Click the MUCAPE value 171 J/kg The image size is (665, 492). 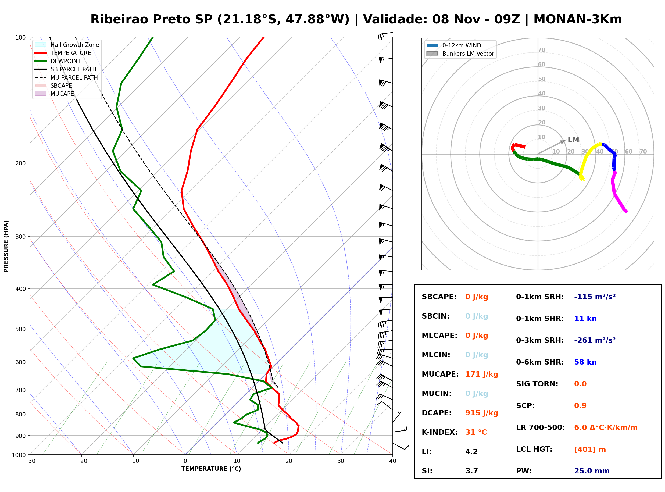tap(481, 374)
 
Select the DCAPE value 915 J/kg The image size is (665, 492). tap(481, 413)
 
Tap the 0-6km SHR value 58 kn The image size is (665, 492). tap(585, 362)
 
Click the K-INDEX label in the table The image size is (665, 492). tap(439, 432)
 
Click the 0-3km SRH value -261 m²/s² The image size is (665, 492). tap(595, 340)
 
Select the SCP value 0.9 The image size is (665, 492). tap(580, 406)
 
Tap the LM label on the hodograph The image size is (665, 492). tap(573, 140)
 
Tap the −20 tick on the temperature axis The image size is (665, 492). tap(81, 461)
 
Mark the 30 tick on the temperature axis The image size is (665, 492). tap(341, 461)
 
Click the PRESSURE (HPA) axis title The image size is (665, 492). tap(6, 246)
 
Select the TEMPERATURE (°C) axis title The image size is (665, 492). tap(211, 469)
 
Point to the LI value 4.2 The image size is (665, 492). tap(471, 451)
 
